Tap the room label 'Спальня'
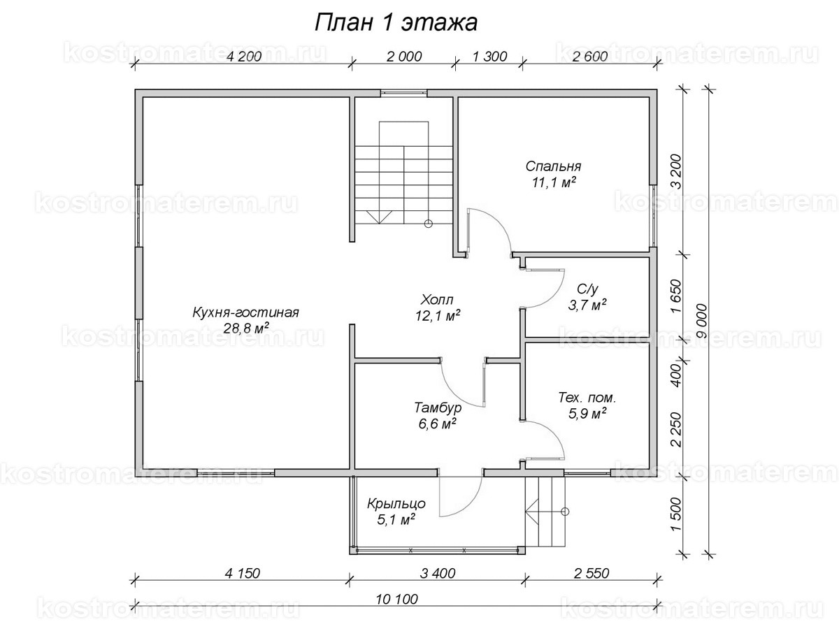(553, 167)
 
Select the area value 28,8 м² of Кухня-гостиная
(245, 328)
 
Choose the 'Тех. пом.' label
(587, 398)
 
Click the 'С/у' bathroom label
(587, 289)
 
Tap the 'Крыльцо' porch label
(396, 503)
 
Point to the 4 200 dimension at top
(244, 57)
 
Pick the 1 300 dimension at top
(489, 57)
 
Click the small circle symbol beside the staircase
(428, 224)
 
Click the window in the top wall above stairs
(403, 92)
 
